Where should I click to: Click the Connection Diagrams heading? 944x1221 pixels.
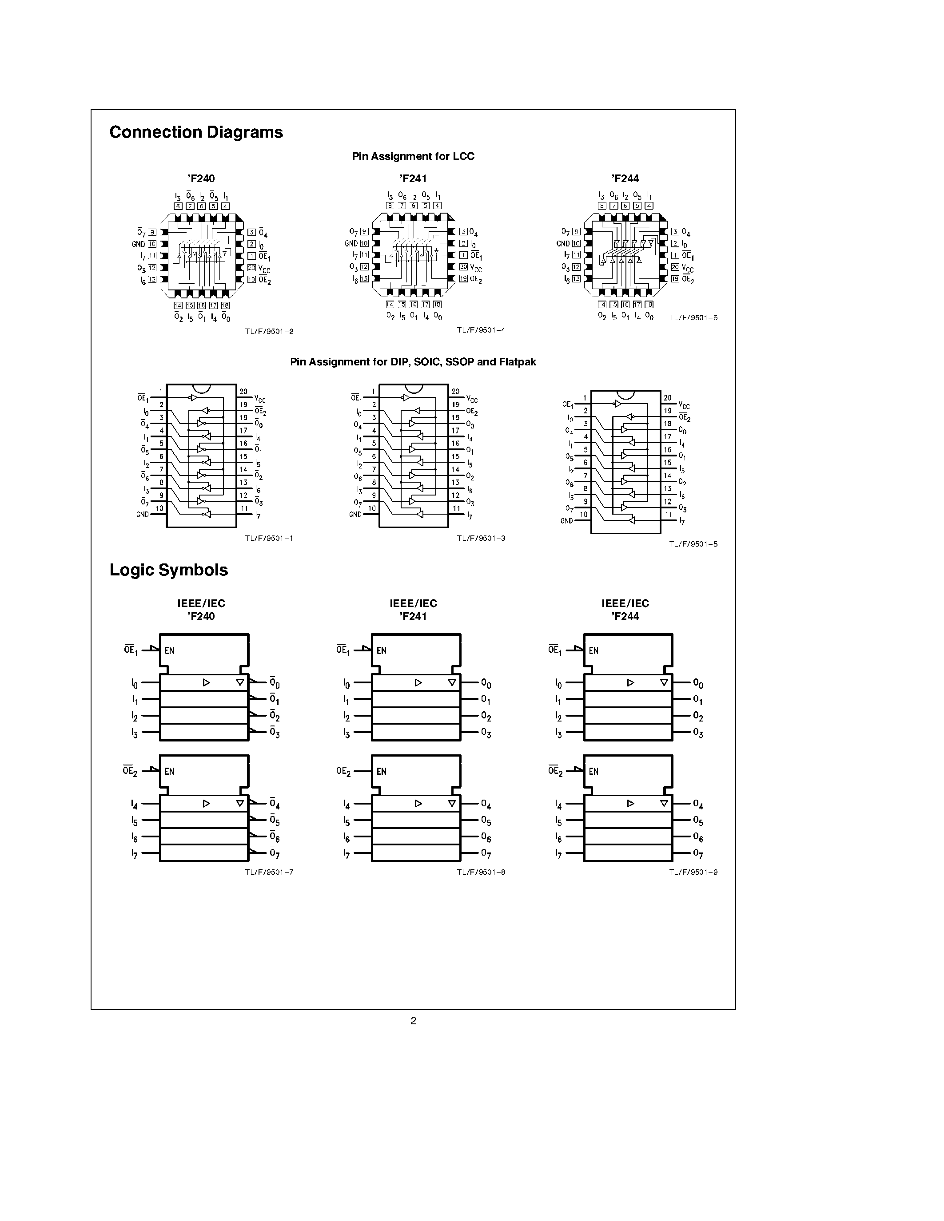[196, 132]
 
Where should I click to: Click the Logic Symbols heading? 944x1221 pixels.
[169, 570]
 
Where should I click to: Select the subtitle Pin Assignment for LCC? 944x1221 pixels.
[413, 157]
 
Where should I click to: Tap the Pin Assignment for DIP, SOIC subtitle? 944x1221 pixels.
[413, 362]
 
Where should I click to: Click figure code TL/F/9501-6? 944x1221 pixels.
[693, 317]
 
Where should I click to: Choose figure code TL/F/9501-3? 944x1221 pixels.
[481, 539]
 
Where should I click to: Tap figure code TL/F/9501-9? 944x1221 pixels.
[693, 872]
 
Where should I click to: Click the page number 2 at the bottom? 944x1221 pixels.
[413, 1021]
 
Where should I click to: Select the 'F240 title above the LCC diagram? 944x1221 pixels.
[201, 179]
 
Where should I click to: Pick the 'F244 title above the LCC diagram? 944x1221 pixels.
[625, 179]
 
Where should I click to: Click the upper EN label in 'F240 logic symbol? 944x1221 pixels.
[169, 651]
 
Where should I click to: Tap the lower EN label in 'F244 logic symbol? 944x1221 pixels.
[594, 772]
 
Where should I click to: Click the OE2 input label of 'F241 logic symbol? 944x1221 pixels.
[343, 772]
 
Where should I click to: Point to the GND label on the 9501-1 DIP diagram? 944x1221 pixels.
[143, 514]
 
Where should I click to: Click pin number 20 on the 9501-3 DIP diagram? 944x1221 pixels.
[456, 392]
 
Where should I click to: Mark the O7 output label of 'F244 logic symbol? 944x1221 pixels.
[698, 854]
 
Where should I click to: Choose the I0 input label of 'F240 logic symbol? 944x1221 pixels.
[134, 684]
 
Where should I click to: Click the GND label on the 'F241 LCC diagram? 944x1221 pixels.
[351, 244]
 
